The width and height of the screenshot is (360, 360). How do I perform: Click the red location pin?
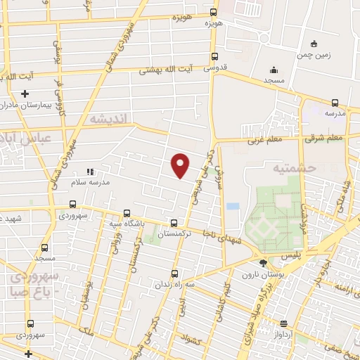[181, 165]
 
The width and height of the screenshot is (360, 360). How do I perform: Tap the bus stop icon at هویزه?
[214, 12]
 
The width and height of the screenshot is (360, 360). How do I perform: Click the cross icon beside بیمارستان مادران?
[25, 94]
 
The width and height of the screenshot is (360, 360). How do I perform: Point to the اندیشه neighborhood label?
[107, 120]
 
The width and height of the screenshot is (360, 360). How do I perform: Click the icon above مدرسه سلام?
[89, 172]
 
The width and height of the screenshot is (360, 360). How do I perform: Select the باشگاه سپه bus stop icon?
[127, 213]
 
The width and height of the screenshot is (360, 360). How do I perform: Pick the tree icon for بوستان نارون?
[263, 263]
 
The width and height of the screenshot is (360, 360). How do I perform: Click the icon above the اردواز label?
[283, 323]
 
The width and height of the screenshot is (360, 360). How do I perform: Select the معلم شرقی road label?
[324, 139]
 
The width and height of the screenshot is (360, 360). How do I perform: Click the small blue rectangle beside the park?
[233, 207]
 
